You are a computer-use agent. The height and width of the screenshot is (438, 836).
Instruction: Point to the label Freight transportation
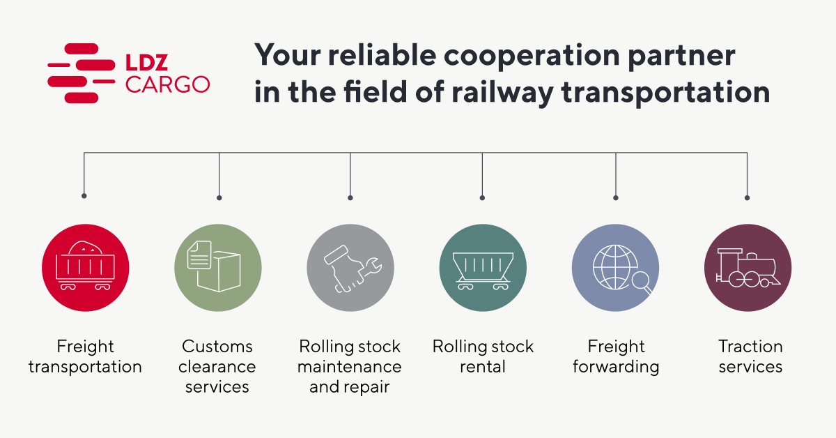(85, 356)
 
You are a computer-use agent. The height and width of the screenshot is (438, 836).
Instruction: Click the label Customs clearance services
(218, 366)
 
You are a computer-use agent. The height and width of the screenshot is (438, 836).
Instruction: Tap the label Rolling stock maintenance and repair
(350, 366)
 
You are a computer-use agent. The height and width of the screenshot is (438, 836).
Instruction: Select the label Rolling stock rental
(483, 356)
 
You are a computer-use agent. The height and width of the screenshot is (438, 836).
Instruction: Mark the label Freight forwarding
(616, 356)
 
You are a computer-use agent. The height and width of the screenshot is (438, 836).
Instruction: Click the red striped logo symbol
(81, 73)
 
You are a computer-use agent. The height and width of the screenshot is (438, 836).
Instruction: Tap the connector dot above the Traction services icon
(748, 197)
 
